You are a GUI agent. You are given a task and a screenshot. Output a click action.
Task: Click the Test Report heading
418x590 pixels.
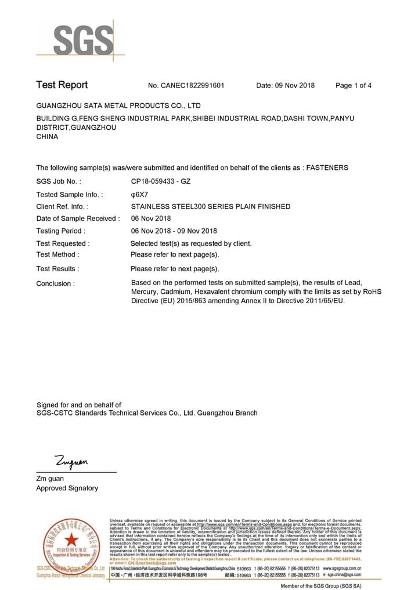[x=62, y=85]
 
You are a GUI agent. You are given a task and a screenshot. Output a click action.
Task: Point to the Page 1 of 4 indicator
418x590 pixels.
[x=354, y=86]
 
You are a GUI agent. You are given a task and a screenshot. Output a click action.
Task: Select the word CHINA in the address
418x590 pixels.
[x=47, y=137]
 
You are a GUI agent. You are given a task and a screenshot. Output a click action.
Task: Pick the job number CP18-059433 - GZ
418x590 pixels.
[x=161, y=182]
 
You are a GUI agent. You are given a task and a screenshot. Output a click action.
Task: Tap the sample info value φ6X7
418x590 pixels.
[x=139, y=195]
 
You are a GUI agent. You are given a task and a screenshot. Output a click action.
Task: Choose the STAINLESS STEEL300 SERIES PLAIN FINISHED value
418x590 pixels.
[x=211, y=207]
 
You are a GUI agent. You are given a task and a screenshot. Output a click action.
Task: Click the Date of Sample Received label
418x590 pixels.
[x=78, y=219]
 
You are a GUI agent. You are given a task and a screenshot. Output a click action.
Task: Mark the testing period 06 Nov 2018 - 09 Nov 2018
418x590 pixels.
[x=174, y=231]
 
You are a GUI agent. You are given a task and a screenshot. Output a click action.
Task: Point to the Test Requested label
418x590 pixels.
[x=63, y=244]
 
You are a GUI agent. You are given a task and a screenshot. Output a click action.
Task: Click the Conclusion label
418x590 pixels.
[x=55, y=284]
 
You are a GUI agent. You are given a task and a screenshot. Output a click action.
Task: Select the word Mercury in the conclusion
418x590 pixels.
[x=145, y=292]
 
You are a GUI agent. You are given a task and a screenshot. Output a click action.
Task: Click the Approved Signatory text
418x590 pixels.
[x=67, y=489]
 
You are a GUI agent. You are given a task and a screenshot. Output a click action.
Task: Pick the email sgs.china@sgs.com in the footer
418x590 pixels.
[x=343, y=575]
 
